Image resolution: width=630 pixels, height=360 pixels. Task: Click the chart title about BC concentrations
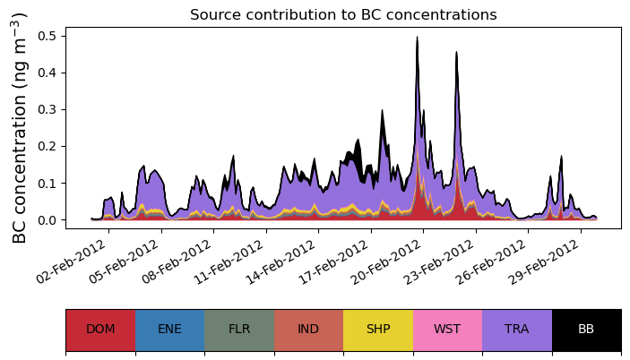(343, 14)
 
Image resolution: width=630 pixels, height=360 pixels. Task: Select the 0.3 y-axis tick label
(47, 109)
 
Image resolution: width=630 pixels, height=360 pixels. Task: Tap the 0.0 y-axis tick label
(47, 219)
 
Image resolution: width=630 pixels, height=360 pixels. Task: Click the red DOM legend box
(100, 330)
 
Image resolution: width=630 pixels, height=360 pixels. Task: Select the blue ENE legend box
(169, 330)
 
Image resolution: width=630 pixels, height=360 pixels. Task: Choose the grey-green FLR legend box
(239, 330)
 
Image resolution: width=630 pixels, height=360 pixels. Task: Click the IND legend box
(308, 330)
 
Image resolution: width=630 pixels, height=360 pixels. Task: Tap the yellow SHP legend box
(378, 330)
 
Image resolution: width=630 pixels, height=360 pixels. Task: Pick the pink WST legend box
(447, 330)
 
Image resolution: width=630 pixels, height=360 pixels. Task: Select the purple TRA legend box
(517, 330)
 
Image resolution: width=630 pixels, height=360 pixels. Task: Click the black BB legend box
(586, 330)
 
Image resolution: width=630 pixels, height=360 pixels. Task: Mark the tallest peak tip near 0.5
(417, 38)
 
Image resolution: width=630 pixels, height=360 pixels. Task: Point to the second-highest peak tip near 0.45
(457, 52)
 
